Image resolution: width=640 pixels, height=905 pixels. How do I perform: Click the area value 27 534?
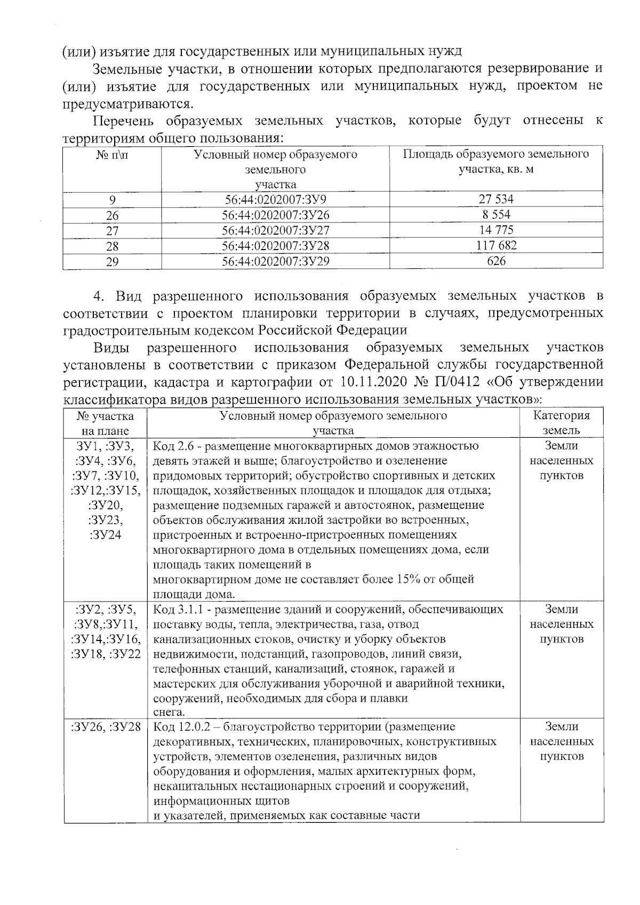pyautogui.click(x=495, y=199)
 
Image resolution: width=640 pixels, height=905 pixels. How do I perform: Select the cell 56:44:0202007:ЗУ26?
pyautogui.click(x=275, y=215)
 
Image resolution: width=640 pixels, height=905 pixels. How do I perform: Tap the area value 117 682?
pyautogui.click(x=496, y=245)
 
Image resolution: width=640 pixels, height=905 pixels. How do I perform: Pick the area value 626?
pyautogui.click(x=496, y=261)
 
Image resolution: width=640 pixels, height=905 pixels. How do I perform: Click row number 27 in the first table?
pyautogui.click(x=112, y=231)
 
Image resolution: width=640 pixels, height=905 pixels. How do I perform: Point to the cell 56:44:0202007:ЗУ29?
pyautogui.click(x=275, y=261)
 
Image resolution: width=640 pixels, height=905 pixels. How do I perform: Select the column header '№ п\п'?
pyautogui.click(x=112, y=155)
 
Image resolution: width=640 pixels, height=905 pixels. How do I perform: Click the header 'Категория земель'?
pyautogui.click(x=562, y=423)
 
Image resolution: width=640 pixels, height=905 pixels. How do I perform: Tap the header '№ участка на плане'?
pyautogui.click(x=105, y=423)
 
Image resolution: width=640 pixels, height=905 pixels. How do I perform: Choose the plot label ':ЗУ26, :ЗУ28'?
pyautogui.click(x=105, y=726)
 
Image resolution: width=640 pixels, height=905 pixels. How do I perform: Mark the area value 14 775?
pyautogui.click(x=496, y=230)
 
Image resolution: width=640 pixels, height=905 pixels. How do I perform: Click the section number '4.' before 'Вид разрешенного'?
pyautogui.click(x=100, y=296)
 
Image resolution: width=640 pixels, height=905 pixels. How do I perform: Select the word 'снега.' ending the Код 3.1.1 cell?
pyautogui.click(x=170, y=712)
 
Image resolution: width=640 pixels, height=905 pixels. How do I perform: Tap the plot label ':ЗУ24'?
pyautogui.click(x=106, y=535)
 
